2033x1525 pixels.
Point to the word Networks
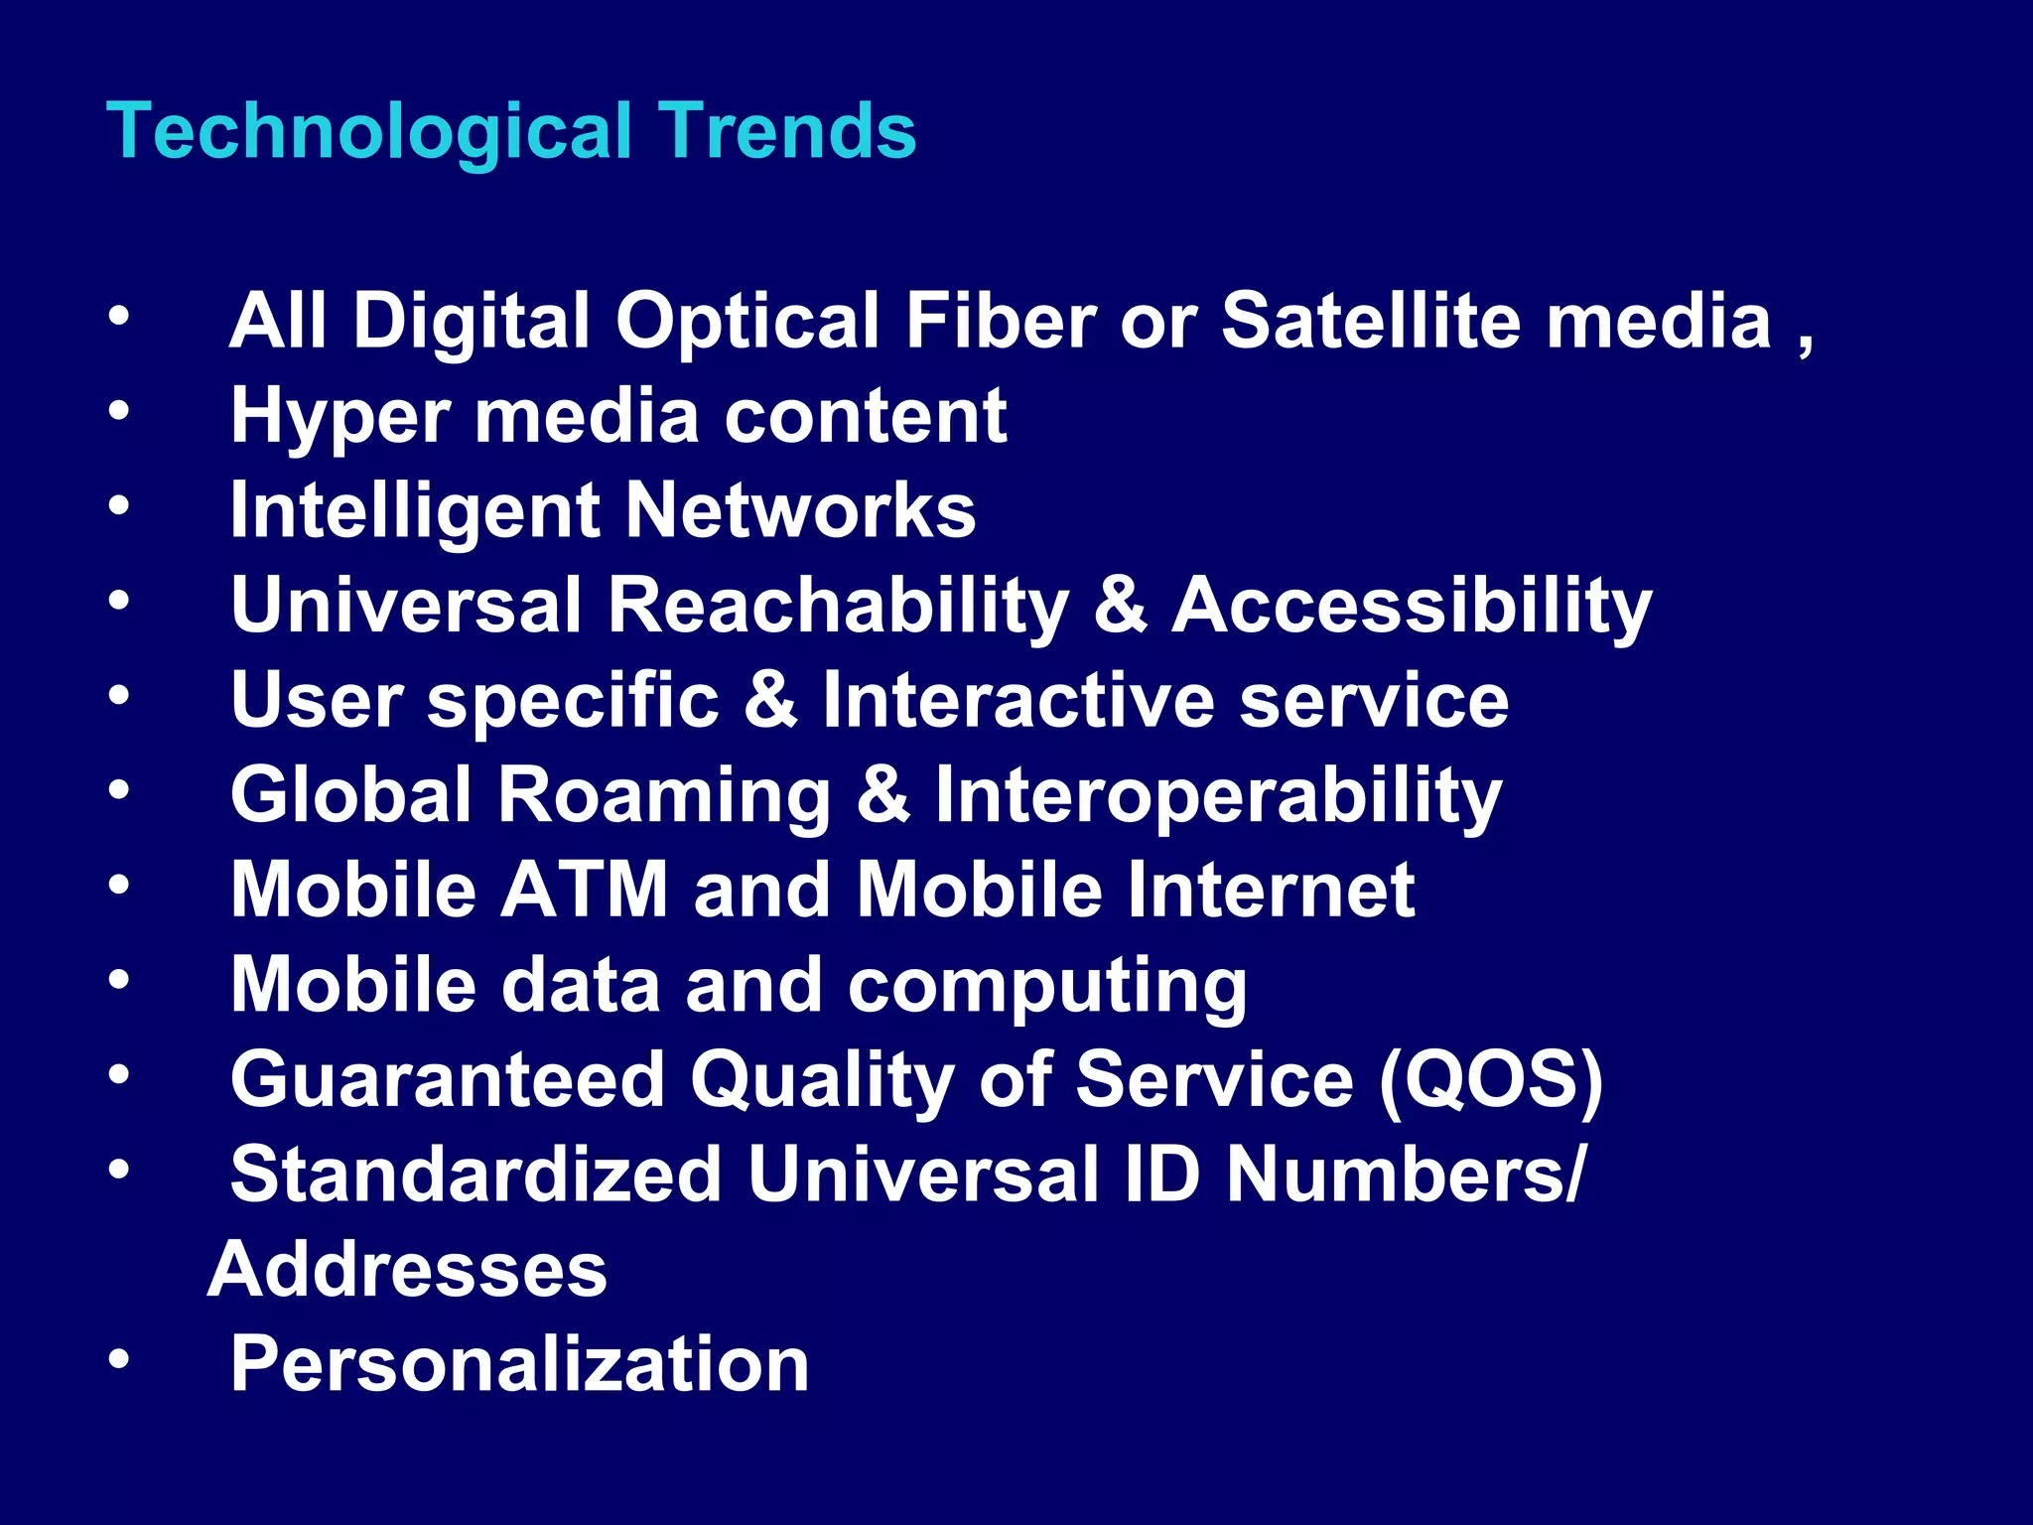(x=800, y=510)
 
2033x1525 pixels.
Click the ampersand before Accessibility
(x=1120, y=605)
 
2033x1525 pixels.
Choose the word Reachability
(x=837, y=605)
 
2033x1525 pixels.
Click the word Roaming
(x=663, y=794)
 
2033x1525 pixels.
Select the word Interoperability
(x=1218, y=796)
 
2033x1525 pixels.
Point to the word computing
(x=1046, y=986)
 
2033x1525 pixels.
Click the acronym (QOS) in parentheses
(x=1490, y=1079)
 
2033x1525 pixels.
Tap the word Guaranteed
(x=447, y=1079)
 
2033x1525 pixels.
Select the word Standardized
(x=475, y=1174)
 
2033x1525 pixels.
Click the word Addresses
(x=407, y=1269)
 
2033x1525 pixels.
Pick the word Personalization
(x=519, y=1364)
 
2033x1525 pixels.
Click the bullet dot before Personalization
(x=119, y=1358)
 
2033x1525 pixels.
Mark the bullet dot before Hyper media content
(x=119, y=410)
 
